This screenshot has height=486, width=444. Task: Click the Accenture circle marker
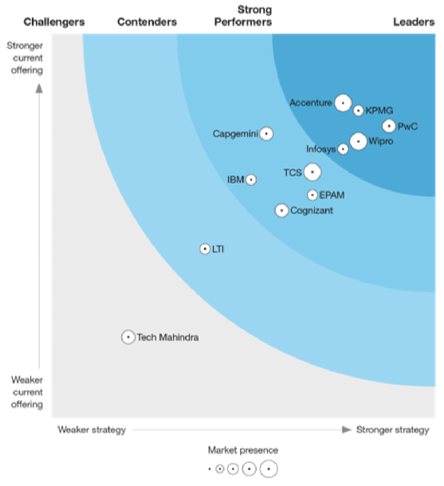343,103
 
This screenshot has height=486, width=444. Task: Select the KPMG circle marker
358,110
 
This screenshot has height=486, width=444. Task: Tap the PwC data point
389,126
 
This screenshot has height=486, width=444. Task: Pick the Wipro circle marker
358,141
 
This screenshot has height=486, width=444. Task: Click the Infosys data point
343,149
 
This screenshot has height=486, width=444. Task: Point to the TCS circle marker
313,172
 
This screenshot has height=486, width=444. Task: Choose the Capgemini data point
266,133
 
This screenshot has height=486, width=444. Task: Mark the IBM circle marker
251,180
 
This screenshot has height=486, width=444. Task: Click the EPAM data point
313,195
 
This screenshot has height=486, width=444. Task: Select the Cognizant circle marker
282,210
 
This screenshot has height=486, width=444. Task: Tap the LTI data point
205,249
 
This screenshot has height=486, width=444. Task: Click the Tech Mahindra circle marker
128,337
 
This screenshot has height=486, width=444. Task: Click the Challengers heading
54,22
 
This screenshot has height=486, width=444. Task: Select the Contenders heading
147,22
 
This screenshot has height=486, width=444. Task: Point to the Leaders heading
414,22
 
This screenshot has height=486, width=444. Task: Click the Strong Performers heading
243,16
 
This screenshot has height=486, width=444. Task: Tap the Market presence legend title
243,451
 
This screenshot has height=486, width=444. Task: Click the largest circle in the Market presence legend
269,469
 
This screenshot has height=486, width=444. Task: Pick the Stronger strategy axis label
393,430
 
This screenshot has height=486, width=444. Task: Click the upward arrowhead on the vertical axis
39,89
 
